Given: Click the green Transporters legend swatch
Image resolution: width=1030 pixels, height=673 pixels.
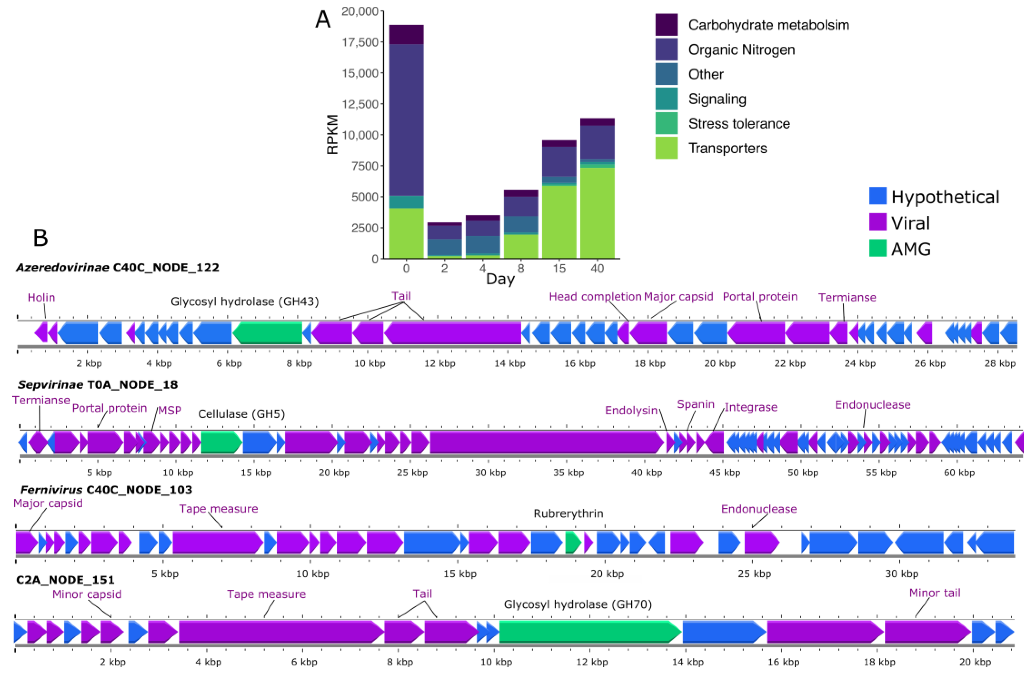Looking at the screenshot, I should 666,148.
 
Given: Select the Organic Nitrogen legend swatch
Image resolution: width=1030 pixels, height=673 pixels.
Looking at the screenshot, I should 666,49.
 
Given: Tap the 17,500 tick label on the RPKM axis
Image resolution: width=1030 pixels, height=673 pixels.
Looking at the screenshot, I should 360,42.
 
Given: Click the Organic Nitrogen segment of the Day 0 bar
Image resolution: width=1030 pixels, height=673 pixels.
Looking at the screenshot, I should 406,120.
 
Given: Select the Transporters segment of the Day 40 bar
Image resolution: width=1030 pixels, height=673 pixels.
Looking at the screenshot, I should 597,213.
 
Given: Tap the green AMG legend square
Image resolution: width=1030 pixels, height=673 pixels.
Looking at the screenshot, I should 878,248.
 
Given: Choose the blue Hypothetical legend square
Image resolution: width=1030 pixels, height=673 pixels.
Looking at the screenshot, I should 878,196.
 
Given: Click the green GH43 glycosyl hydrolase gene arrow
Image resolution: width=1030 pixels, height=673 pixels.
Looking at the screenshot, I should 267,333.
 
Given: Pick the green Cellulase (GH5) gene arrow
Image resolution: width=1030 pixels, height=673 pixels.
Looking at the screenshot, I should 221,442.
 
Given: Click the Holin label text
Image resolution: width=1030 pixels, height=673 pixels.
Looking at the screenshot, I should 41,297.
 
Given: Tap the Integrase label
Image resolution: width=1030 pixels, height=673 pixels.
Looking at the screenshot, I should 751,407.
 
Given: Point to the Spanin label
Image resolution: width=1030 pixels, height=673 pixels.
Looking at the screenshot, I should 695,404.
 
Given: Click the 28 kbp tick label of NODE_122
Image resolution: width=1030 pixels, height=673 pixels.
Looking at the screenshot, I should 1000,363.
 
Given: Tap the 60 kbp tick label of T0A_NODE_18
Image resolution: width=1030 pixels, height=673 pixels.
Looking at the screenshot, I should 959,472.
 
